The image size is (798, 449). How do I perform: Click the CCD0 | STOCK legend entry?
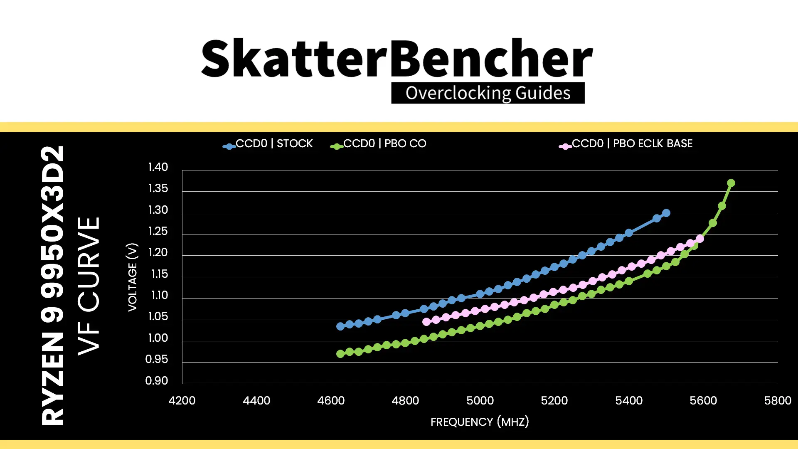(268, 144)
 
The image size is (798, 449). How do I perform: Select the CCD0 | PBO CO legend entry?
(378, 144)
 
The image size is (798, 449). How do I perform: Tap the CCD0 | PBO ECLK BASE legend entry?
(626, 144)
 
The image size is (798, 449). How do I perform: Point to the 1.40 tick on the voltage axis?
(158, 167)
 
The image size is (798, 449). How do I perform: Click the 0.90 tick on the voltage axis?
(157, 381)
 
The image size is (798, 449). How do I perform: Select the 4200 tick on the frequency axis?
(182, 401)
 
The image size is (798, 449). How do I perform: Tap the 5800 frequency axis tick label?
(778, 401)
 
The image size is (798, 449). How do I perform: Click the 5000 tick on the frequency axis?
(480, 401)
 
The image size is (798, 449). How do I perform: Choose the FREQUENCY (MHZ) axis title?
(480, 422)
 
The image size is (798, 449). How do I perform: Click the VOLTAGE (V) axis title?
(132, 277)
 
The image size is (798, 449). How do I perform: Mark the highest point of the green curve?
(731, 183)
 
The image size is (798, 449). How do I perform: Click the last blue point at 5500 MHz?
(666, 213)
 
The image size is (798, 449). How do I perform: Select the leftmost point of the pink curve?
(426, 322)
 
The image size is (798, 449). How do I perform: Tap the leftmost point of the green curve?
(340, 354)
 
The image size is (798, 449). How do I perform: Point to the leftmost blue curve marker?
(340, 326)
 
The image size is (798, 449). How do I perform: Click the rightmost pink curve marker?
(700, 239)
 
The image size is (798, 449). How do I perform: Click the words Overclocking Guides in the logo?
(488, 93)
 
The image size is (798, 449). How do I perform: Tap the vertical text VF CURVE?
(89, 286)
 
